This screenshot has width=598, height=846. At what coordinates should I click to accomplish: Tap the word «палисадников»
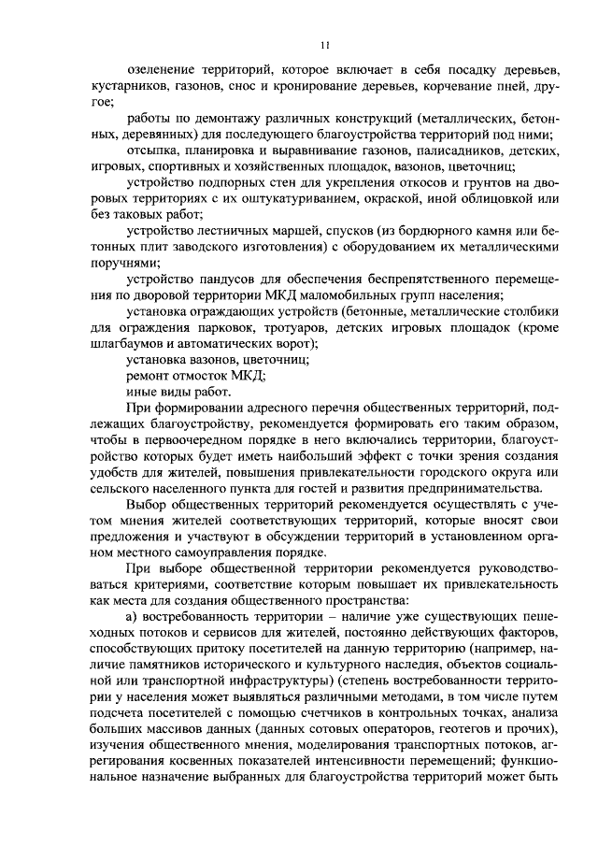coord(432,150)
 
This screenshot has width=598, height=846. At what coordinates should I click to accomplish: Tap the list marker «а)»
coord(133,617)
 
